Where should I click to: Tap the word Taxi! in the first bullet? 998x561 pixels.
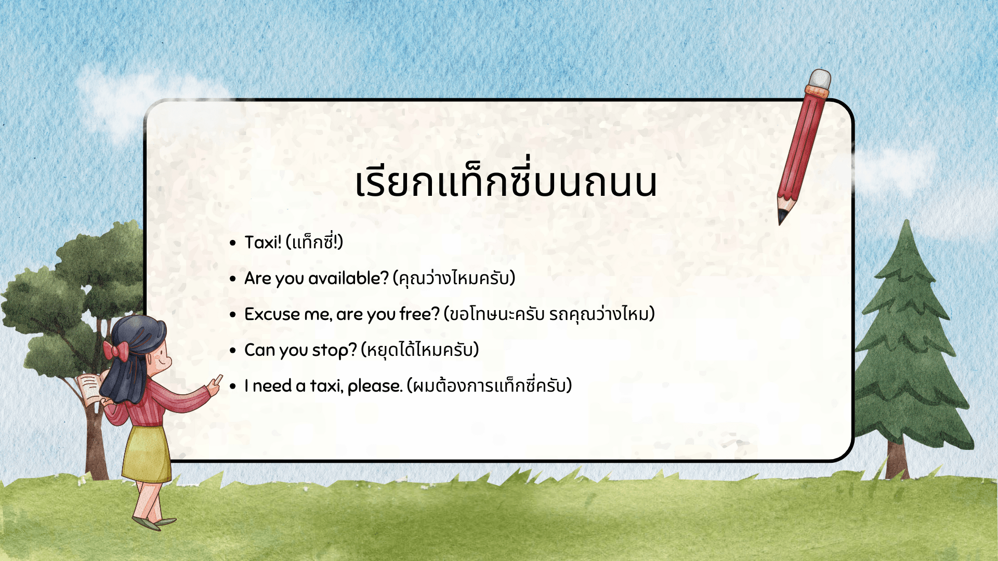263,242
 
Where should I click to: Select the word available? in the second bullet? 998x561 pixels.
348,278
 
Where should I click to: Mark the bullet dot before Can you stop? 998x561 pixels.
233,351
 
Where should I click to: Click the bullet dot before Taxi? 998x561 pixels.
233,243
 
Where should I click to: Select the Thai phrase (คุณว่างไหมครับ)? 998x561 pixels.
454,278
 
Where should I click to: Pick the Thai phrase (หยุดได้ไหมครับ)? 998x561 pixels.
419,350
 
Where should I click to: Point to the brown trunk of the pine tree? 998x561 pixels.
898,460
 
